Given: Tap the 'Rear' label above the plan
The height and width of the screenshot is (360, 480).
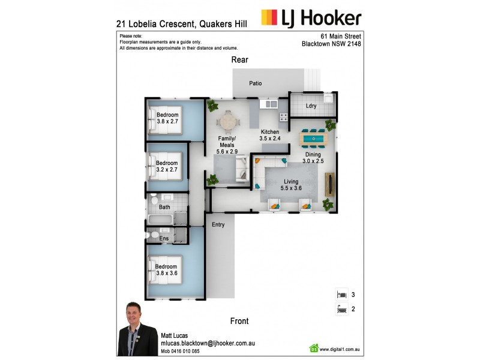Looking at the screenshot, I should tap(240, 60).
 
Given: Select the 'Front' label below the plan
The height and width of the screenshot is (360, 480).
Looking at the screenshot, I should tap(239, 321).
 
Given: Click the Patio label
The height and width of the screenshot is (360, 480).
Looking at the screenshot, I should tap(255, 83).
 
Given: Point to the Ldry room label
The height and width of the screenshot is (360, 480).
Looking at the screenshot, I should tap(311, 106).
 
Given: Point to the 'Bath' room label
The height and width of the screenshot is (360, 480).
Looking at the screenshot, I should tap(164, 208).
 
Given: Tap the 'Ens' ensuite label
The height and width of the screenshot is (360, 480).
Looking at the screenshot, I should tap(164, 238).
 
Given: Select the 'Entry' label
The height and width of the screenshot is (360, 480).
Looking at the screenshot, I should tap(218, 224).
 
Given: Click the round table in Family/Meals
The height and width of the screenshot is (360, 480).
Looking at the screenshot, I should tap(228, 122).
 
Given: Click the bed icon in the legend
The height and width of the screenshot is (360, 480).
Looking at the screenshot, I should tap(341, 295).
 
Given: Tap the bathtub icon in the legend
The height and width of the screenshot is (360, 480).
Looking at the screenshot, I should tap(341, 310).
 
